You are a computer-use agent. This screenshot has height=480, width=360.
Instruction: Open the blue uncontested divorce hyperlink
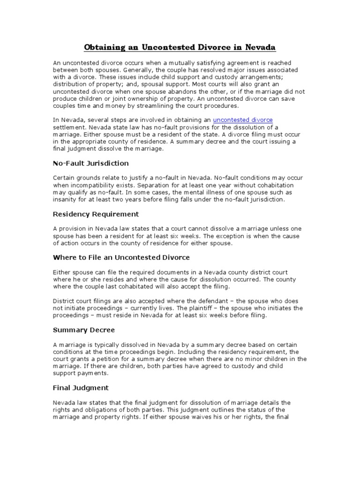243,120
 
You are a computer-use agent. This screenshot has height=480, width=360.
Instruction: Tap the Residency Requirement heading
96,214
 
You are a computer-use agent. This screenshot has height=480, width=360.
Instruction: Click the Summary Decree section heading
84,330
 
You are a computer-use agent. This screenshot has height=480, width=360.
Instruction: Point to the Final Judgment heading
81,388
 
